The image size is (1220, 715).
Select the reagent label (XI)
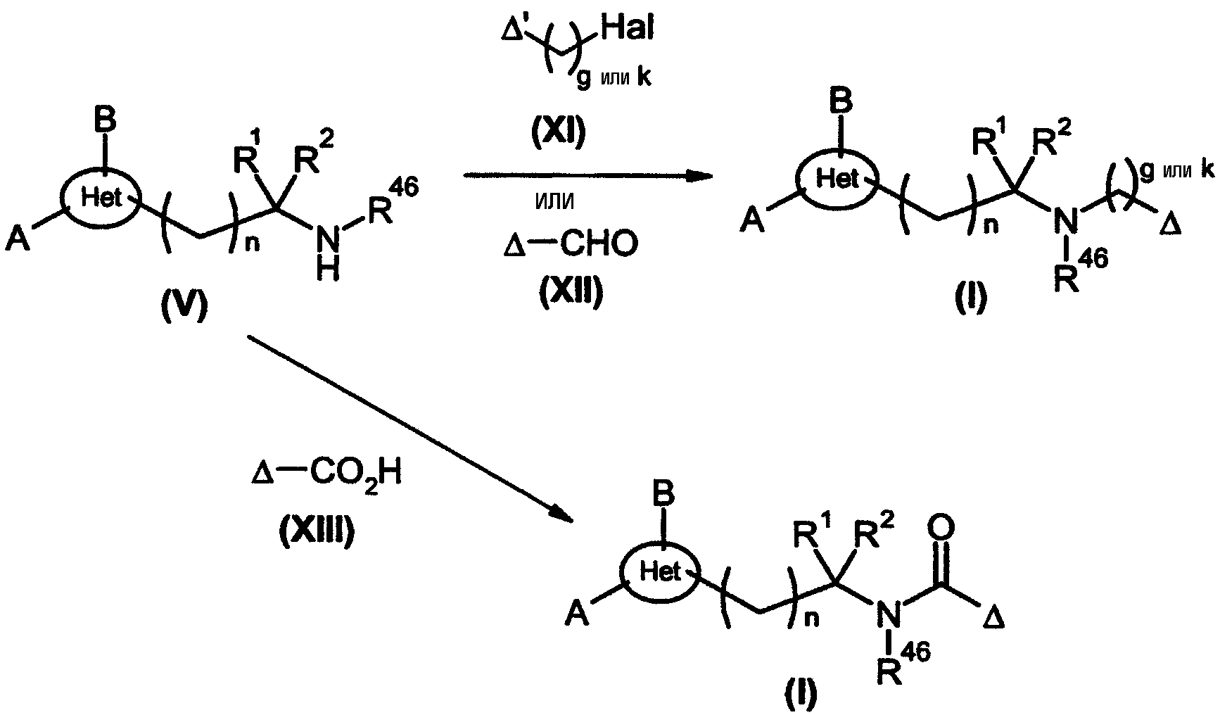tap(558, 134)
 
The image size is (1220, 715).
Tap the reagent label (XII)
tap(571, 293)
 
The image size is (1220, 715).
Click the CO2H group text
tap(355, 474)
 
